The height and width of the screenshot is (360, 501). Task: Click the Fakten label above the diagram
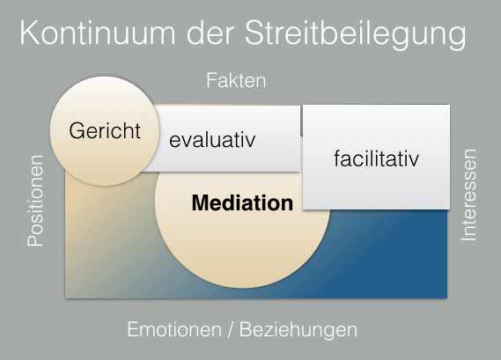coord(236,81)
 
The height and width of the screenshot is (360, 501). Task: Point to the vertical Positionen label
coord(36,201)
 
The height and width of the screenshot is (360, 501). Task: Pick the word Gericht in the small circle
coord(106,131)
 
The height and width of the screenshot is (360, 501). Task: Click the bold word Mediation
coord(242,204)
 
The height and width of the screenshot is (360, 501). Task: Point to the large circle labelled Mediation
coord(242,242)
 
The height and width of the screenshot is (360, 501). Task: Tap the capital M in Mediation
coord(200,204)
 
